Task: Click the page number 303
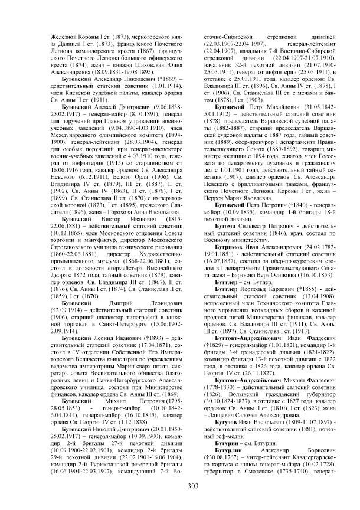pos(179,485)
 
